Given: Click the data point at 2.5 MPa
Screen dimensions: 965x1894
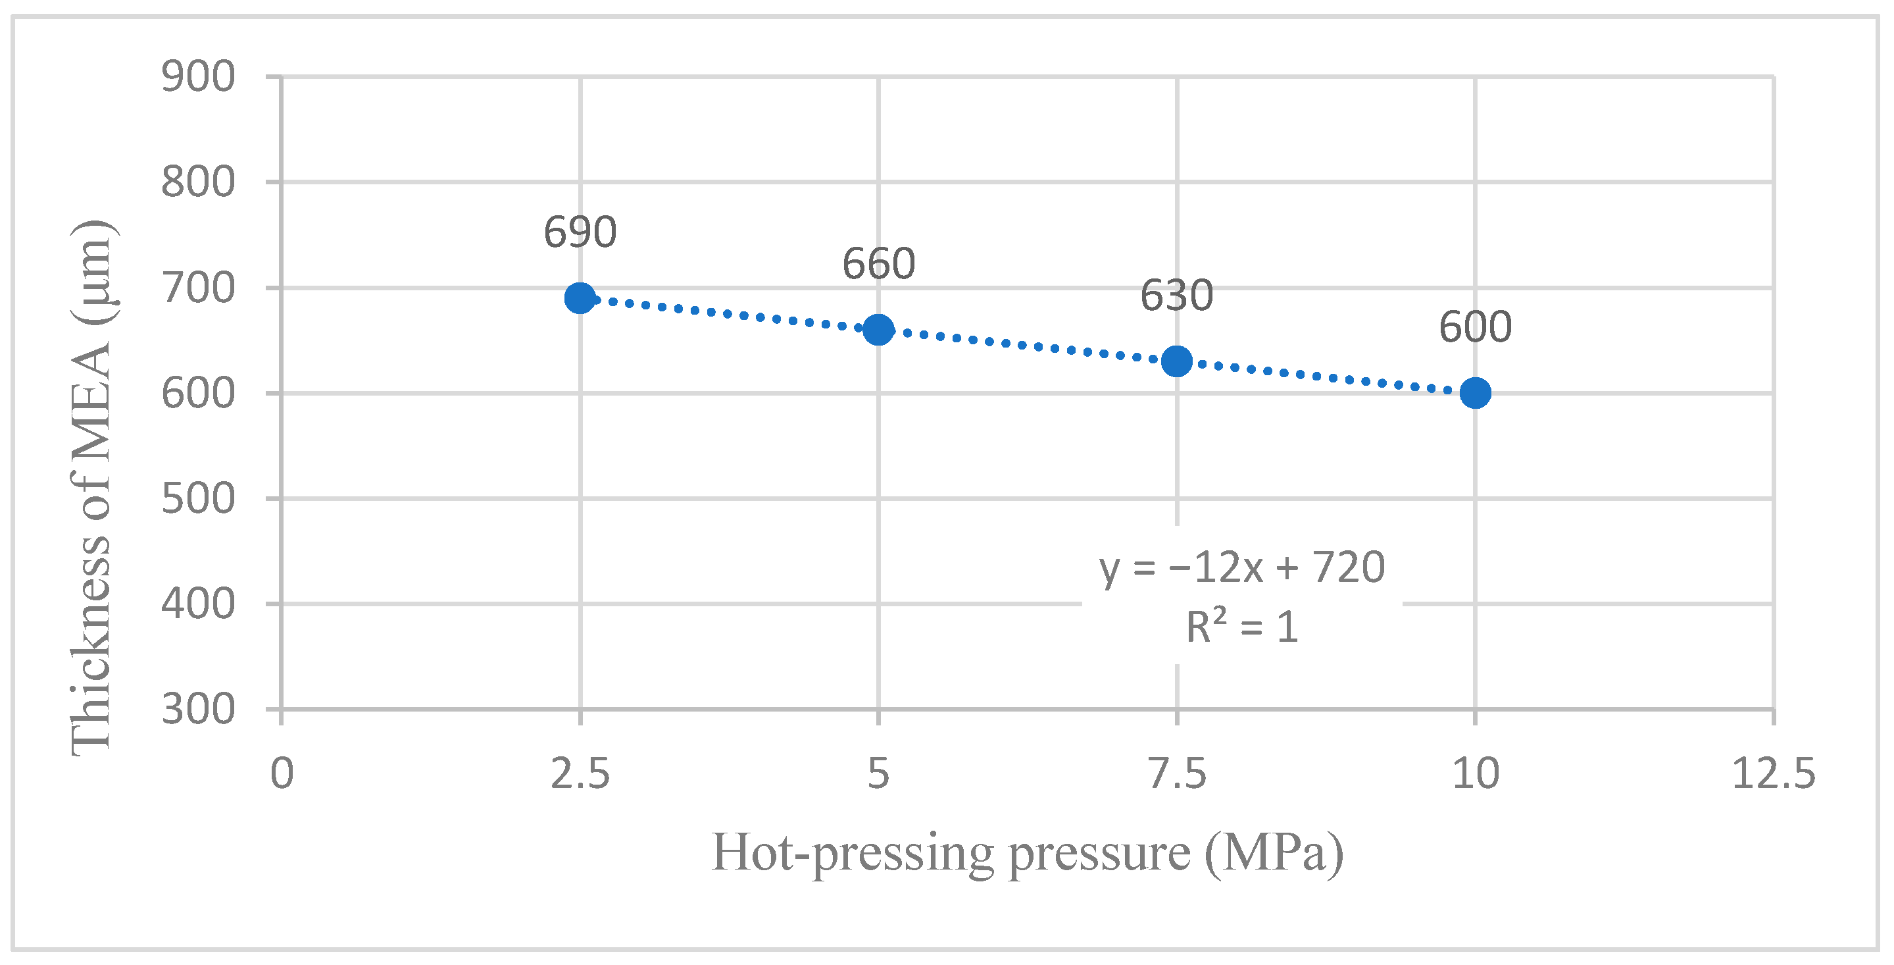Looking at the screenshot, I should coord(580,298).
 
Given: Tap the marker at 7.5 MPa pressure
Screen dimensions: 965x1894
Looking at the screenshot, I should coord(1176,361).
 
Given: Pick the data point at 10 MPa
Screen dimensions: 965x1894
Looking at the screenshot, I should coord(1475,393).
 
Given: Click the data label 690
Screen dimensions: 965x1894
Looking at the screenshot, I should coord(580,232).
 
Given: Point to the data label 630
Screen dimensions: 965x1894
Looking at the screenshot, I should coord(1176,296).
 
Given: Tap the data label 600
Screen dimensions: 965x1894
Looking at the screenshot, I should coord(1475,327).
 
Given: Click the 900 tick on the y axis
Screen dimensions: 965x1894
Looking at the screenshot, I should coord(198,76).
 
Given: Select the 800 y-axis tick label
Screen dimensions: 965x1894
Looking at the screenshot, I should coord(198,182).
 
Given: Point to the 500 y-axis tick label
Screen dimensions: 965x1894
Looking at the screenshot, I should coord(198,499).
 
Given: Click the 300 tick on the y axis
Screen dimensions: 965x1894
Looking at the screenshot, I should coord(198,710).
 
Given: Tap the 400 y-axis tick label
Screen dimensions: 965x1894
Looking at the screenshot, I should coord(198,604).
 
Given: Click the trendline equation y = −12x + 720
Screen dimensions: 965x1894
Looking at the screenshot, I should coord(1242,568).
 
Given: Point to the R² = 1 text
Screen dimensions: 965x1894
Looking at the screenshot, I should coord(1242,627).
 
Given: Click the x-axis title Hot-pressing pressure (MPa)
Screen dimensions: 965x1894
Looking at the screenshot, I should coord(1027,853).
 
